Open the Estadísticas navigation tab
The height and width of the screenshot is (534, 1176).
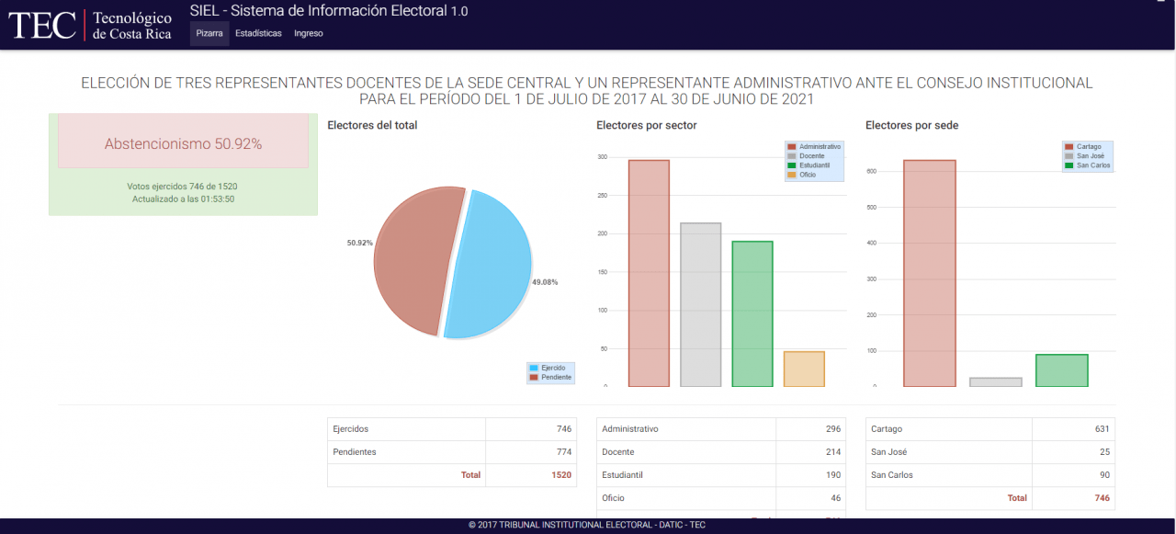coord(258,33)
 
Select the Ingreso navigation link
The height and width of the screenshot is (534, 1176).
coord(309,33)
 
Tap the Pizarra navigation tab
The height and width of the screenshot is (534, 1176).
coord(209,33)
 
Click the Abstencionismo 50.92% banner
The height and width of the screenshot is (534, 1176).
coord(183,143)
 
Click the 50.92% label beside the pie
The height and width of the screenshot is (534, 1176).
coord(359,243)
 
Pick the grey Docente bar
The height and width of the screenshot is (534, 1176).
coord(700,304)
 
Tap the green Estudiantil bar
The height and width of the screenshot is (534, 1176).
coord(752,313)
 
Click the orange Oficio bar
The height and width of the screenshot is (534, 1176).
coord(804,369)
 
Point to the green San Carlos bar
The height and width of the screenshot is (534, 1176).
coord(1062,370)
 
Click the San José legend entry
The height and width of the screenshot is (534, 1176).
coord(1088,156)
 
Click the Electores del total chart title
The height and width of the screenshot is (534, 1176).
coord(372,125)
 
